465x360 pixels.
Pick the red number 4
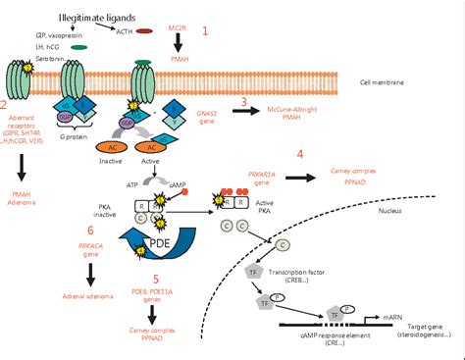click(299, 154)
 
